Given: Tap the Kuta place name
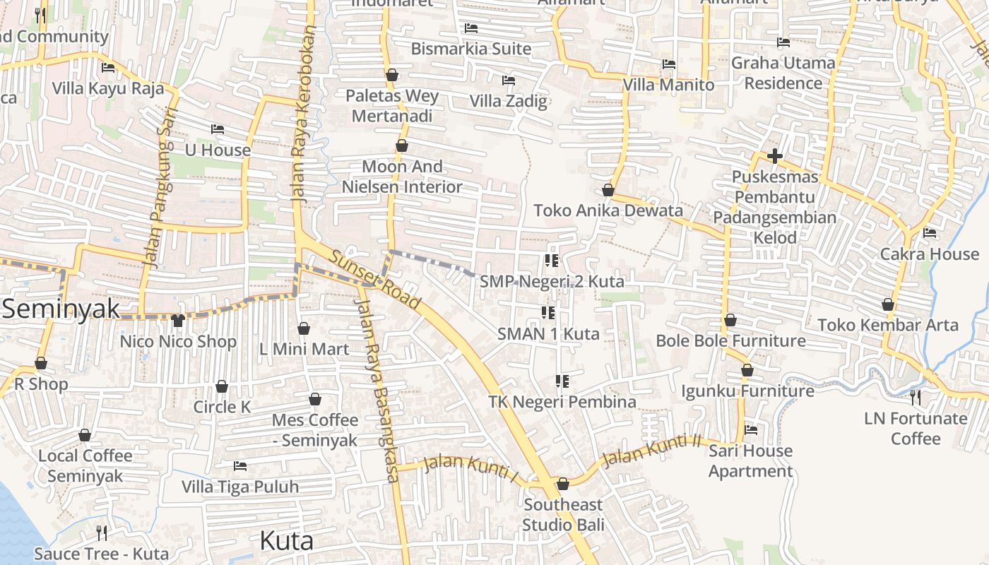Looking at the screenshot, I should [x=287, y=541].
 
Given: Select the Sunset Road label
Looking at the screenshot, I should [x=374, y=280].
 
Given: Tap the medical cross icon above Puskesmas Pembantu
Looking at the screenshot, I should [x=775, y=156].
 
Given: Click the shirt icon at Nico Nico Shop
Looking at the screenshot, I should [x=177, y=321].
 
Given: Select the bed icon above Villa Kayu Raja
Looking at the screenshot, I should [x=108, y=68].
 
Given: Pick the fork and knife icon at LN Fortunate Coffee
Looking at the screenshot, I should [x=916, y=398].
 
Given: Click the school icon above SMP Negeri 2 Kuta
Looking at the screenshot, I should [x=552, y=261].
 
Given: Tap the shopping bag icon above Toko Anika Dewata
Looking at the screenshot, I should [x=608, y=190].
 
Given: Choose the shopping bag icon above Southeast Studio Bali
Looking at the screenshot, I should [x=563, y=484].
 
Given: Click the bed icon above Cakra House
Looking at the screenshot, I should [x=930, y=232].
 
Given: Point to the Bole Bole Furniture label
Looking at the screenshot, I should [x=730, y=341].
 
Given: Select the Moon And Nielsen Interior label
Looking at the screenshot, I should [x=402, y=177].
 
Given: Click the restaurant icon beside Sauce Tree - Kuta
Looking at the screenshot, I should [x=102, y=533].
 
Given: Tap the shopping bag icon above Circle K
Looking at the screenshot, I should [x=222, y=386].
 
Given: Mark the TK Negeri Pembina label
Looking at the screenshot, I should [x=562, y=402].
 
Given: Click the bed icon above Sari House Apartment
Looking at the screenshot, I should [x=751, y=429].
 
